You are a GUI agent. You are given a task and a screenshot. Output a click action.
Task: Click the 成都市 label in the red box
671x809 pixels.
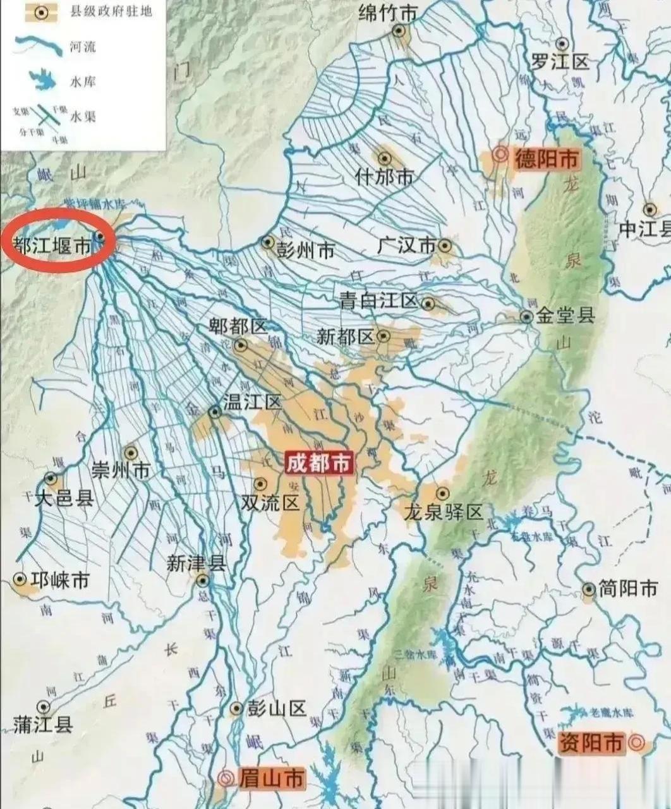click(318, 463)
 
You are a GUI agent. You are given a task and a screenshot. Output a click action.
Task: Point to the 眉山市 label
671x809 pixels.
click(271, 779)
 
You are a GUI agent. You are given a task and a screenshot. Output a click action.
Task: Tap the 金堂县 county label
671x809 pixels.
click(566, 315)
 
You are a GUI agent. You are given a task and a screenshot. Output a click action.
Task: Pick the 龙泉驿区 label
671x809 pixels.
click(444, 511)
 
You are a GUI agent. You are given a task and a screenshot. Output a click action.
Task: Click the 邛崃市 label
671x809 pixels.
click(60, 580)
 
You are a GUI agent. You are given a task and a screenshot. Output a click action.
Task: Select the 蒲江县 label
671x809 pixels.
click(43, 724)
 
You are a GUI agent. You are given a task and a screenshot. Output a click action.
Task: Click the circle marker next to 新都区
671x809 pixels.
click(384, 336)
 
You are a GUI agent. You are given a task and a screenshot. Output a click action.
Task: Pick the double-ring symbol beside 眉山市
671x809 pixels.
click(225, 779)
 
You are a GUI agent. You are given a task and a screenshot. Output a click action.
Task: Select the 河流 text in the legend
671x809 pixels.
click(83, 47)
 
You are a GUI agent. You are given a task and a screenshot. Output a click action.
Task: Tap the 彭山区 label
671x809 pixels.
click(277, 709)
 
